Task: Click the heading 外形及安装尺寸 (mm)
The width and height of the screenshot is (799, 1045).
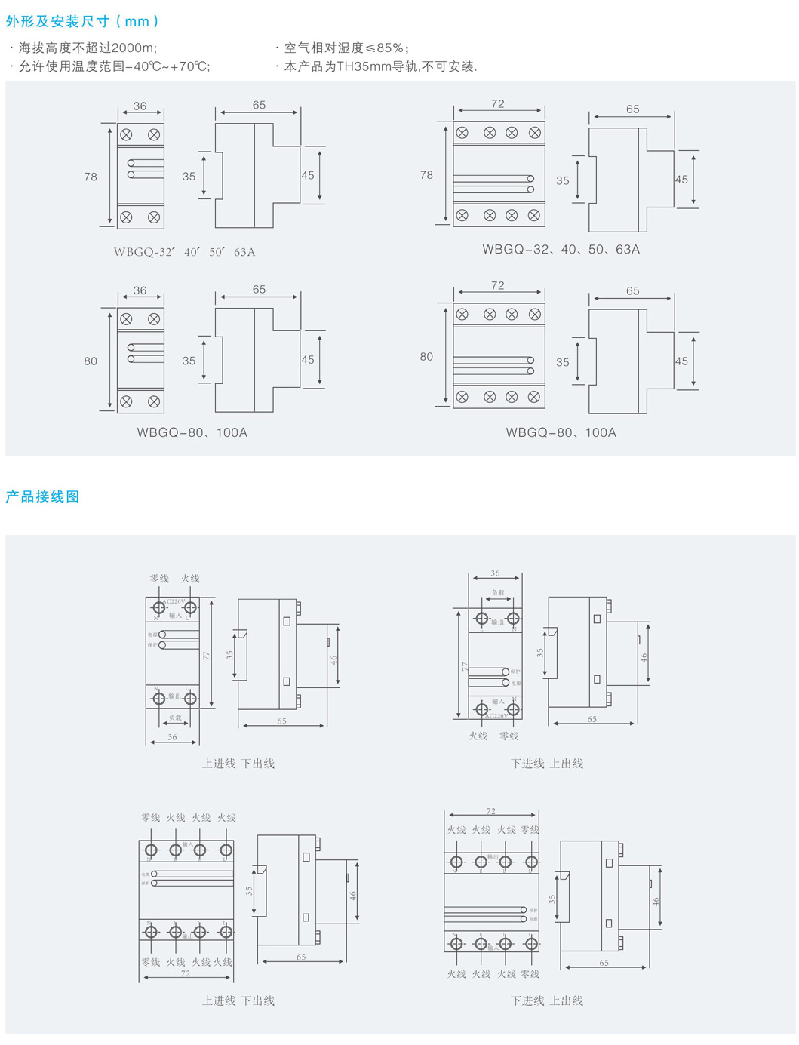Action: (82, 22)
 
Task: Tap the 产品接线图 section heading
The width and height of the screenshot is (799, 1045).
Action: (42, 496)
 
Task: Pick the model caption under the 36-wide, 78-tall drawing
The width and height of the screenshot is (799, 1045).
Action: (184, 252)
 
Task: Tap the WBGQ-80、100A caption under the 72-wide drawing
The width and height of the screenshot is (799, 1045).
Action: (561, 432)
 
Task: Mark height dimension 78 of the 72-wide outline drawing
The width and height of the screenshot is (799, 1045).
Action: (426, 175)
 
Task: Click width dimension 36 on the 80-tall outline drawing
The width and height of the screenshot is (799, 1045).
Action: (140, 290)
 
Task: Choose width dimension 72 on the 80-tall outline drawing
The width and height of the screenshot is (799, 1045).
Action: (497, 285)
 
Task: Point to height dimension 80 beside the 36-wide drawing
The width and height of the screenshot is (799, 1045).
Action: (91, 361)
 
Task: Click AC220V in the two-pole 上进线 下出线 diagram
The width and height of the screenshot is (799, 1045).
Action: (174, 601)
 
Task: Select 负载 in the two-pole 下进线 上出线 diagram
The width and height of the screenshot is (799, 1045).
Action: (498, 593)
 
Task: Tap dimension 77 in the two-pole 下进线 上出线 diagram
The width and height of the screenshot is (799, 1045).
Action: (466, 667)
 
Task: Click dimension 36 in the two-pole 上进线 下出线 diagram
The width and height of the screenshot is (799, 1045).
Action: (172, 737)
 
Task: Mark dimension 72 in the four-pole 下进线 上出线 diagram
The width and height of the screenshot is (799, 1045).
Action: (490, 811)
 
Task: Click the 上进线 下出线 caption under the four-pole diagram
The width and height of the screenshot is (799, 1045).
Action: (238, 1000)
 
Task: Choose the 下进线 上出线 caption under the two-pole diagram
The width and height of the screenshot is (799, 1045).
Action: (547, 764)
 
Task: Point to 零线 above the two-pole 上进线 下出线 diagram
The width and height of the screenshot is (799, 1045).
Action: (159, 579)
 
